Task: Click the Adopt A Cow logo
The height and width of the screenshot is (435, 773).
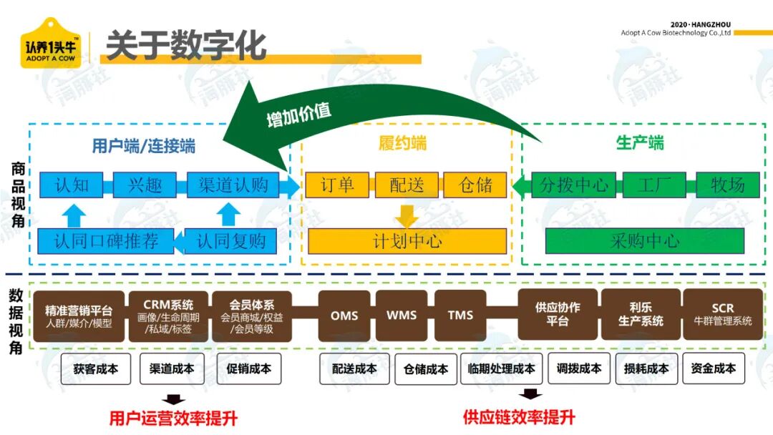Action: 50,44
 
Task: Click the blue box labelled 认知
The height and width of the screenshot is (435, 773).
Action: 72,185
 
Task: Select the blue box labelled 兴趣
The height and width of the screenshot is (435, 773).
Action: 145,185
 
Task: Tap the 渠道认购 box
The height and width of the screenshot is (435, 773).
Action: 233,185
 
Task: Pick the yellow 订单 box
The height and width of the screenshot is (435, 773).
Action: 337,185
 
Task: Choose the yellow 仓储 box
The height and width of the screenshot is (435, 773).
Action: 475,185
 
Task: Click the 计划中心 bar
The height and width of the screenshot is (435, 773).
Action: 407,241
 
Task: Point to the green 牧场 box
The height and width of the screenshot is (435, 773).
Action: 728,185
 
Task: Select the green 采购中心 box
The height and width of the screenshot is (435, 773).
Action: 645,241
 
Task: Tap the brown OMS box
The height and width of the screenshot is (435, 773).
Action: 344,316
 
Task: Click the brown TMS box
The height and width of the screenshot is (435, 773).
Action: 460,316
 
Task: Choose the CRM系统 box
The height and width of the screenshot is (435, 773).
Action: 168,316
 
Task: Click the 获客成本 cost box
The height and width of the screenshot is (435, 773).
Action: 96,368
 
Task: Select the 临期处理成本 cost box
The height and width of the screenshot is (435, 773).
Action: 501,368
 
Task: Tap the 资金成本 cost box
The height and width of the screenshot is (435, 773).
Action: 714,368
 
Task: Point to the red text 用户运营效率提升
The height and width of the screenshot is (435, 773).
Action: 173,419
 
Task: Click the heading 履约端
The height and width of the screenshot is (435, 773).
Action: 403,143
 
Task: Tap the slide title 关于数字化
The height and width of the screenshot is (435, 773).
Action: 186,45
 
